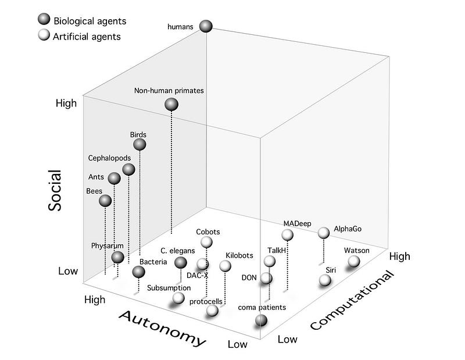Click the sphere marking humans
tap(206, 26)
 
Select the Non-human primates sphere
tap(171, 104)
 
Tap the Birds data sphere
tap(139, 145)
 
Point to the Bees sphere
tap(105, 201)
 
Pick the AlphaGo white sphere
tap(324, 233)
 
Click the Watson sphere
tap(354, 262)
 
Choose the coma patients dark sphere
tap(261, 320)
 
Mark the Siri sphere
tap(325, 280)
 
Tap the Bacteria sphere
tap(138, 272)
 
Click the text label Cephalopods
tap(109, 158)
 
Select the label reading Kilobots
tap(239, 255)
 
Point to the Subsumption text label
tap(169, 288)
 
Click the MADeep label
tap(297, 223)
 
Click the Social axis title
tap(55, 190)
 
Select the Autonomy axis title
tap(162, 328)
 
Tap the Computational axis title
tap(353, 300)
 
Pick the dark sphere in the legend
tap(44, 19)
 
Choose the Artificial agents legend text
tap(87, 37)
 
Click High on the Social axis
tap(66, 103)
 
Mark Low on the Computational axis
tap(287, 339)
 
